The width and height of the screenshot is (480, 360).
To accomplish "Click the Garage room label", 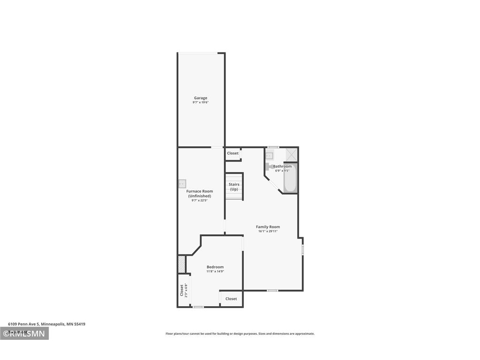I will (x=201, y=98).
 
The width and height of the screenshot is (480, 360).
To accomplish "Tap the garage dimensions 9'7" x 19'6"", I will (x=201, y=102).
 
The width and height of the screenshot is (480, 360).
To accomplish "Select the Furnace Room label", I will (x=200, y=191).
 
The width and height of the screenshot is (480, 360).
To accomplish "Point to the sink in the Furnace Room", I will (x=182, y=184).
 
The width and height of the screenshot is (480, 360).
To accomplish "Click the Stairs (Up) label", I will (x=234, y=187).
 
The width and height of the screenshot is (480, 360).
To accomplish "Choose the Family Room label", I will (x=268, y=227).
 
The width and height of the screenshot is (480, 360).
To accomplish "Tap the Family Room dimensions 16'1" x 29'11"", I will (x=268, y=231).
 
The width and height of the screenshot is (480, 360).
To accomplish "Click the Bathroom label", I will (x=282, y=166).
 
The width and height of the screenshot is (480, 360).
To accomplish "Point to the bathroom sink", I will (x=270, y=156).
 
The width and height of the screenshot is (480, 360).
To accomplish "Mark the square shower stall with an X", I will (x=291, y=155).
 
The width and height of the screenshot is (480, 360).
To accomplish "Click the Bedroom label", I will (x=215, y=267).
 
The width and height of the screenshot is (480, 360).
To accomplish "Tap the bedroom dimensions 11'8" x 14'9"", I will (x=215, y=271).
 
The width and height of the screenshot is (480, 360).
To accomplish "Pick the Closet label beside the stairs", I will (x=233, y=153).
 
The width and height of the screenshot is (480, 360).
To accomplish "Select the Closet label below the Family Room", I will (x=231, y=299).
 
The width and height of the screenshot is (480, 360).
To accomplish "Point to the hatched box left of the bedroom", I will (x=181, y=264).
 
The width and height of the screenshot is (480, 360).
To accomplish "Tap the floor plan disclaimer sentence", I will (x=240, y=334).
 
